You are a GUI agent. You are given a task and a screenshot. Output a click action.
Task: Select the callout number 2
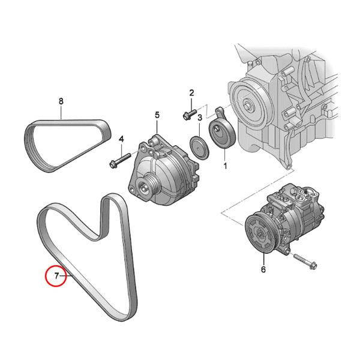pos(192,92)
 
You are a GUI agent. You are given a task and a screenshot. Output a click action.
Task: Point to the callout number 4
pos(121,139)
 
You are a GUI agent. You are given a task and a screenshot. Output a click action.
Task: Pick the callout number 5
pos(157,114)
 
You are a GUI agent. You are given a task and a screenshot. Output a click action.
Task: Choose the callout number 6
pos(262,269)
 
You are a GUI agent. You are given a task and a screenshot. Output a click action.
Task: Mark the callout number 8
pos(61,101)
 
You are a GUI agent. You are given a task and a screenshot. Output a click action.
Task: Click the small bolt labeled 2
pos(188,113)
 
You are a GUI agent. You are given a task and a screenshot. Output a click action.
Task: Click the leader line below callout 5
pos(157,127)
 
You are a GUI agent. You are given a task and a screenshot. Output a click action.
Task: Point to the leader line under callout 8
pos(61,113)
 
